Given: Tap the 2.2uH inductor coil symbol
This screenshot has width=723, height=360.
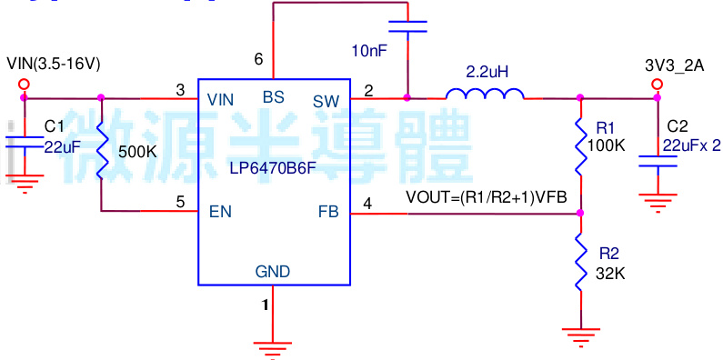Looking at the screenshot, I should click(484, 94).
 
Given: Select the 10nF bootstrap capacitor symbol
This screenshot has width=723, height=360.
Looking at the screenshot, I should click(407, 29).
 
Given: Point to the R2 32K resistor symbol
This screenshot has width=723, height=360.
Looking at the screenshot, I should click(580, 263).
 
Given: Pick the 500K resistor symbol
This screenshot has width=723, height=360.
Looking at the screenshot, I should click(102, 151).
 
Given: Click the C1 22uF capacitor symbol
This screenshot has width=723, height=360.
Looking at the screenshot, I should click(24, 142).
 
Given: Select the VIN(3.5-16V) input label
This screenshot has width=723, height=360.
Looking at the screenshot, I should click(53, 64).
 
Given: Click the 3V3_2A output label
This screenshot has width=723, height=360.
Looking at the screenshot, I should click(675, 65).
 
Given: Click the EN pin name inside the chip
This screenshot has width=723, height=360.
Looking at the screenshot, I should click(219, 212).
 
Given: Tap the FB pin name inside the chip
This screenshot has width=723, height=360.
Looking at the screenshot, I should click(327, 212).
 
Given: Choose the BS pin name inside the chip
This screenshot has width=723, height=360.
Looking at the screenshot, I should click(273, 96).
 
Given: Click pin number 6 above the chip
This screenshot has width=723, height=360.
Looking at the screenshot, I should click(259, 60).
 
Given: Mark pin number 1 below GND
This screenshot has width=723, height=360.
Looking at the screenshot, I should click(266, 305).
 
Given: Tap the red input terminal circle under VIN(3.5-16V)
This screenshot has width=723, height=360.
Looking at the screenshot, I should click(24, 84).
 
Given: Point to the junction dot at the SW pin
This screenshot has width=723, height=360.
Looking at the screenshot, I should click(407, 97).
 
